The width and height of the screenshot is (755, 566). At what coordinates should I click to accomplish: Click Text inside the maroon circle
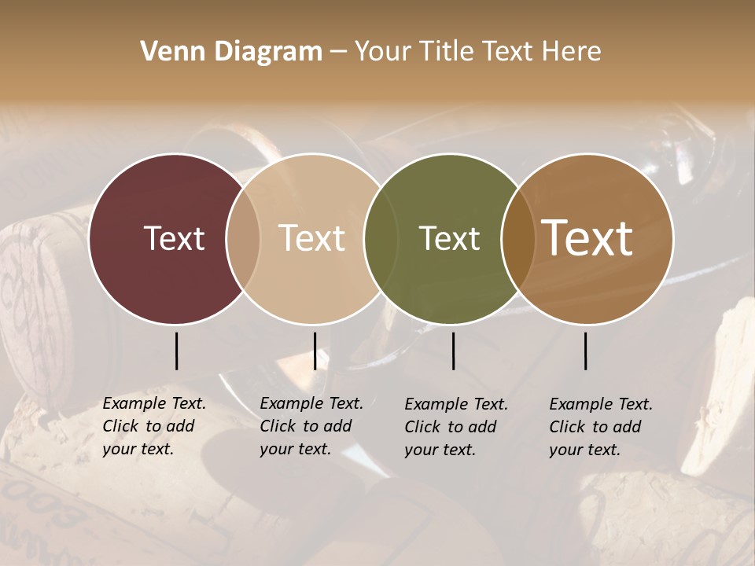[174, 238]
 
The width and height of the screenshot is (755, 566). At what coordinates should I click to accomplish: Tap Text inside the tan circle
[312, 238]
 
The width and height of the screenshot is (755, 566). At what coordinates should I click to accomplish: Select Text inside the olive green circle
[449, 238]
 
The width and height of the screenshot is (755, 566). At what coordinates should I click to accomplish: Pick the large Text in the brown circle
[587, 238]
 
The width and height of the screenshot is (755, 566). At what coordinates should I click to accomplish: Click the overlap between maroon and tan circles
[243, 238]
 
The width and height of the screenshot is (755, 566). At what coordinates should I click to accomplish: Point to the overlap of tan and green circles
[381, 238]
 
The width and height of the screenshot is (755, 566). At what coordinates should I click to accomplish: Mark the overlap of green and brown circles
[518, 238]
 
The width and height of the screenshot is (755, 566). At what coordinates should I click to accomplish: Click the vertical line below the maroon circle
[176, 351]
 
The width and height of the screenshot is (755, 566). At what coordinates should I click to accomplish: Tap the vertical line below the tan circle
[315, 351]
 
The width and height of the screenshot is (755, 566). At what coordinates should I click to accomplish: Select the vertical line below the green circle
[453, 351]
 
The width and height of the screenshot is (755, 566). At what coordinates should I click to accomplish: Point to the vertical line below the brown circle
[585, 351]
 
